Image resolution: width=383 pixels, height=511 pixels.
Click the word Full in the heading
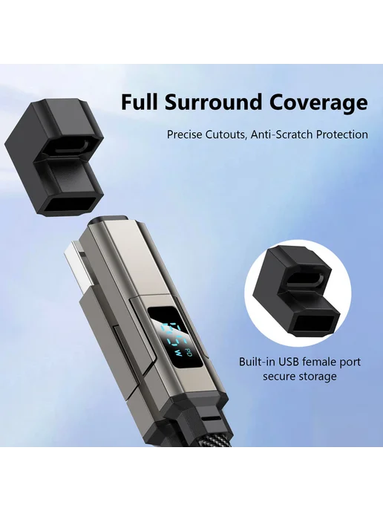[140, 102]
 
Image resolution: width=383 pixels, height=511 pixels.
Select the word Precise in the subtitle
[184, 134]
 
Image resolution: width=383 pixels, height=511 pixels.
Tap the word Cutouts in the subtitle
[226, 134]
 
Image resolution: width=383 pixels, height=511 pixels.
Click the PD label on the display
[188, 351]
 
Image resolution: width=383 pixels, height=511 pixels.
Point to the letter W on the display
[178, 353]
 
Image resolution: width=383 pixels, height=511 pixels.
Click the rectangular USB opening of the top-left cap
[69, 205]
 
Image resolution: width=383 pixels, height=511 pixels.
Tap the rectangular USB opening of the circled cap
[315, 325]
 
